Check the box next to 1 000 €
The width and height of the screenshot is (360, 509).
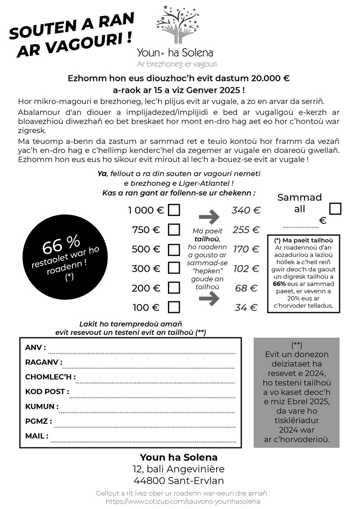coord(174,210)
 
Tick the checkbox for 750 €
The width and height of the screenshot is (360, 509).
coord(174,230)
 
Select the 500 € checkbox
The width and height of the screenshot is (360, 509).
coord(174,249)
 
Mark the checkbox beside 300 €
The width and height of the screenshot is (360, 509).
coord(174,268)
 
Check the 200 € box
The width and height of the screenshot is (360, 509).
coord(174,288)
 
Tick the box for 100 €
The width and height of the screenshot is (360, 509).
coord(174,307)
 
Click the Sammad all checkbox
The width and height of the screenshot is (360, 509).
coord(335,209)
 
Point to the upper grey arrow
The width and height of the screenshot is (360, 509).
coord(209,217)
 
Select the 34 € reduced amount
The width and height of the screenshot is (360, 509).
coord(247,308)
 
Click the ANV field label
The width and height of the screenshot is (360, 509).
coord(35,348)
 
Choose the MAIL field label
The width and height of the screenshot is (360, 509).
coord(36,436)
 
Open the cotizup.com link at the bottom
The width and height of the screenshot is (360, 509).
coord(183,501)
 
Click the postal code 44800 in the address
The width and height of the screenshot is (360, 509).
coord(149,481)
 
